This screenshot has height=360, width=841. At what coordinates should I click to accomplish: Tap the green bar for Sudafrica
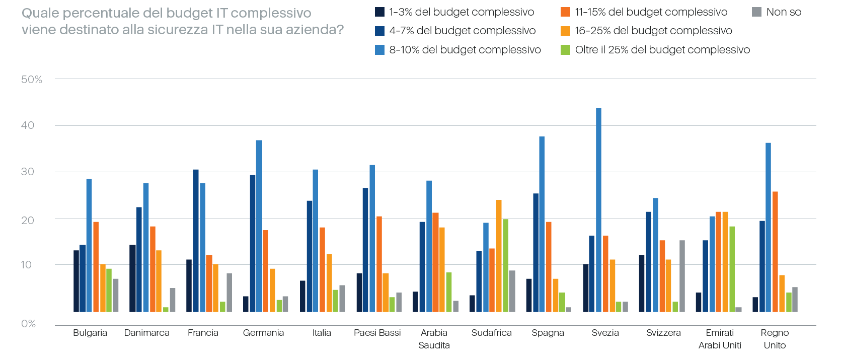[505, 265]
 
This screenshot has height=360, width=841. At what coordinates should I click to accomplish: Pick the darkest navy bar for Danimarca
[132, 278]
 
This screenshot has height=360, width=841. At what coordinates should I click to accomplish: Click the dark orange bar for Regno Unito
[775, 252]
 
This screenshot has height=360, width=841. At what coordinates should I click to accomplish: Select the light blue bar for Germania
[259, 226]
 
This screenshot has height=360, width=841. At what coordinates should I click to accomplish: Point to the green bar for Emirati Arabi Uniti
[732, 269]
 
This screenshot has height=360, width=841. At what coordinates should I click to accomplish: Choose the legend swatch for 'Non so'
[756, 12]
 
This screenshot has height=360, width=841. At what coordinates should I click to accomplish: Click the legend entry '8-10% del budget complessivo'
[465, 50]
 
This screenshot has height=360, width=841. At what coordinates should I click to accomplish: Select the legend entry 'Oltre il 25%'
[662, 50]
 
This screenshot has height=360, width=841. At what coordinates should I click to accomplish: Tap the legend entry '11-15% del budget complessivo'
[651, 12]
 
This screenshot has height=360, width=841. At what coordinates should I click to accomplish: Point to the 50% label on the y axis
[32, 80]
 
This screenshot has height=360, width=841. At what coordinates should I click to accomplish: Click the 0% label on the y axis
[29, 324]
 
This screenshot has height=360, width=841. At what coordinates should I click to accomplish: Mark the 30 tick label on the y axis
[28, 172]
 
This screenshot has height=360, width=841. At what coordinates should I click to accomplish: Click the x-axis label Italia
[322, 333]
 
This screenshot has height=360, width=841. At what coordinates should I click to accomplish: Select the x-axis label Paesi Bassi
[377, 333]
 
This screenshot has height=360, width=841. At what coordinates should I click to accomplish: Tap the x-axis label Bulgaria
[90, 333]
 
